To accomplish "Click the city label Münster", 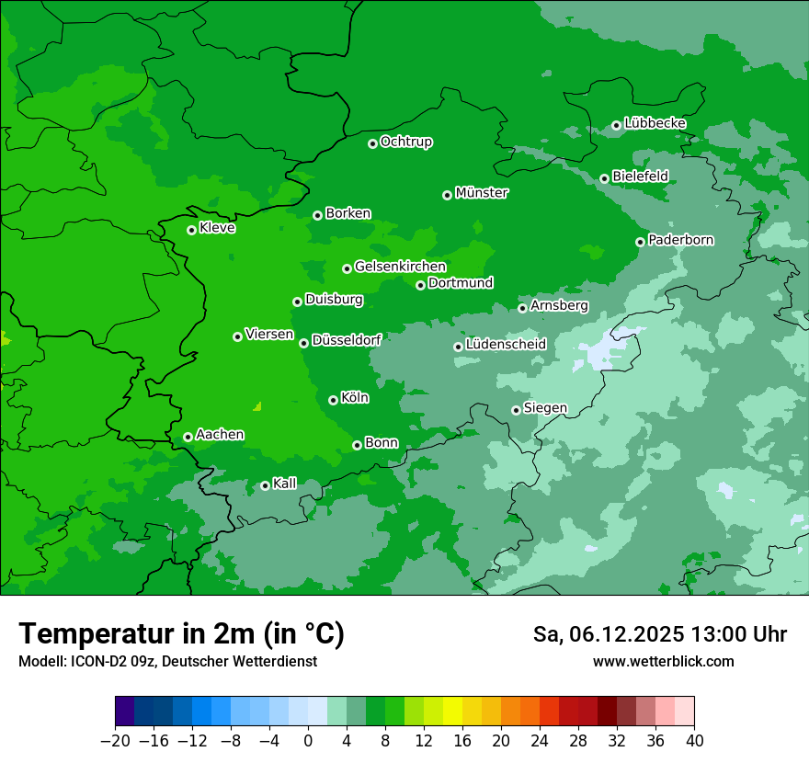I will pos(481,193).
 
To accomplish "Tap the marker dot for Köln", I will pos(333,400).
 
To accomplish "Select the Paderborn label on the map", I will pos(680,240).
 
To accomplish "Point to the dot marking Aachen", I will pos(188,437).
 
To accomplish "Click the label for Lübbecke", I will pos(655,123).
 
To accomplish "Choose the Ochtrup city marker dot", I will pos(372,143).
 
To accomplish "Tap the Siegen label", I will pos(545,408).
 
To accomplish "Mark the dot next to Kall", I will pos(265,485).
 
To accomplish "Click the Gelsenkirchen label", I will pos(400,267).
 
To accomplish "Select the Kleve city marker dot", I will pos(191,230).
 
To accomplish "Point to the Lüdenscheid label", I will pos(506,345).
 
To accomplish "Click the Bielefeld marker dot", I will pos(604,178).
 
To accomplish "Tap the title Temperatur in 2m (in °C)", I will pos(182,633).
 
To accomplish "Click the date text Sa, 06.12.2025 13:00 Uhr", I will pos(659,634).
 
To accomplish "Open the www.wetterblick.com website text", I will pos(663,661).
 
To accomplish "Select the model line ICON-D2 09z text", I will pos(167,661).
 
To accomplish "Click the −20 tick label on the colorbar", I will pos(115,741).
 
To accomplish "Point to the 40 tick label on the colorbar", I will pos(694,741).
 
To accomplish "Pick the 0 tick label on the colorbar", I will pos(308,741).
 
